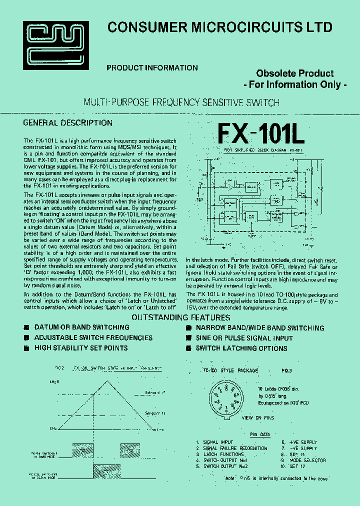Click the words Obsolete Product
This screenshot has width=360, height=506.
tap(295, 73)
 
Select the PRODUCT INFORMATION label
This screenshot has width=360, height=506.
tap(152, 68)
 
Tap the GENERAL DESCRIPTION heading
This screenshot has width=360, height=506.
tap(68, 123)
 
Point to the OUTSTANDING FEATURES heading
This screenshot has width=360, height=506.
tap(180, 318)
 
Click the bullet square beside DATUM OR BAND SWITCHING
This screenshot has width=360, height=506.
tap(27, 328)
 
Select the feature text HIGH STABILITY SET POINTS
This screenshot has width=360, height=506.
tap(80, 348)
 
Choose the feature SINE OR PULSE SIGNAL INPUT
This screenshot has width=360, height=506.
tap(244, 338)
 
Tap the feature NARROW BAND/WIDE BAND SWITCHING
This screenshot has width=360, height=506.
tap(259, 328)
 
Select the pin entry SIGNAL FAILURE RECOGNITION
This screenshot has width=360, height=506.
tap(235, 448)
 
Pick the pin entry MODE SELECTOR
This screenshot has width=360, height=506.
tap(307, 460)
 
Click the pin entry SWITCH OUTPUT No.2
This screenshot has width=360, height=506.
tap(225, 466)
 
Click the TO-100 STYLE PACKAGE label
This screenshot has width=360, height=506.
tap(230, 370)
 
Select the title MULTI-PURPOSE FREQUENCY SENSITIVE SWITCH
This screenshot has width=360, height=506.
tap(180, 102)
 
